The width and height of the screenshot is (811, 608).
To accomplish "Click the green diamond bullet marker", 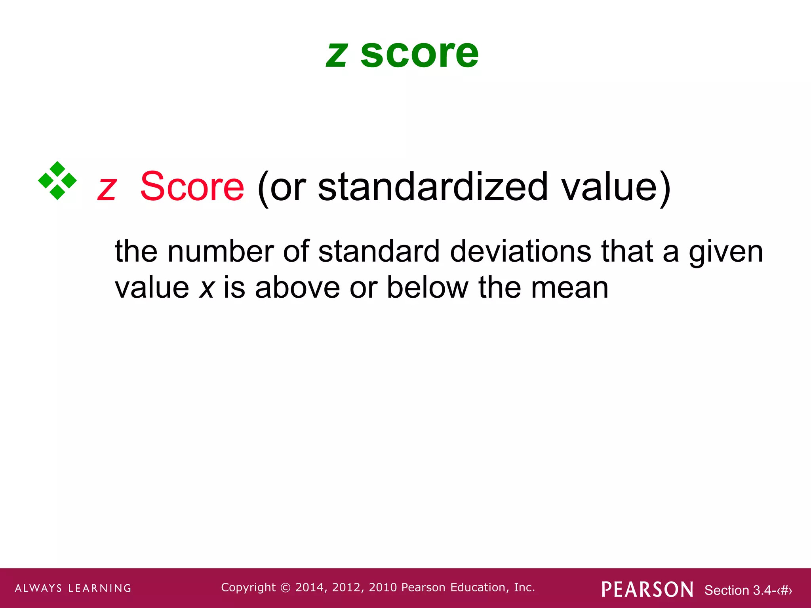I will tap(57, 180).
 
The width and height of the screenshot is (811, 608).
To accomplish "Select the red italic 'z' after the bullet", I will tap(107, 188).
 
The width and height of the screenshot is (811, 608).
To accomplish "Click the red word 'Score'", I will tap(192, 186).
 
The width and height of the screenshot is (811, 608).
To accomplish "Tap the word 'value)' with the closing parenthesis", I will tap(616, 187).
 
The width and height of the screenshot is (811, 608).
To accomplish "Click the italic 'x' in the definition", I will tap(206, 288).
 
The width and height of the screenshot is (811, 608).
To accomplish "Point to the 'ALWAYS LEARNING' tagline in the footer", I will tap(73, 588).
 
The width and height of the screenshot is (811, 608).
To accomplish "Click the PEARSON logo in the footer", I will tap(647, 589).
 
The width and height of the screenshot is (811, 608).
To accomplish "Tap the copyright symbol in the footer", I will tap(285, 588).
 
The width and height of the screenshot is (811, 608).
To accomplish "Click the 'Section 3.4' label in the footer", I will tap(738, 590).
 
